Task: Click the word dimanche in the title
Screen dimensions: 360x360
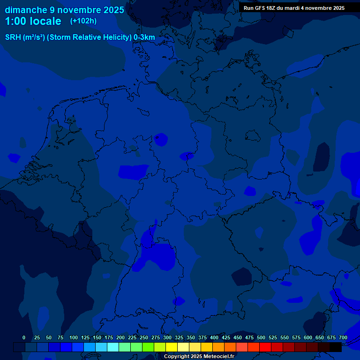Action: (x=26, y=10)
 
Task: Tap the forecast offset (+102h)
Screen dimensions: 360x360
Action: (x=83, y=21)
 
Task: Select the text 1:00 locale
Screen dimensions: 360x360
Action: (x=33, y=21)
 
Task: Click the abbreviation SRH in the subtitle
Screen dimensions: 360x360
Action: (x=13, y=37)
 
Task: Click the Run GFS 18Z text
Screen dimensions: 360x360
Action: (x=262, y=8)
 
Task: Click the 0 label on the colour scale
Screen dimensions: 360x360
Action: (x=24, y=337)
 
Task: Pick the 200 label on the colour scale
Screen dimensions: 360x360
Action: (x=120, y=337)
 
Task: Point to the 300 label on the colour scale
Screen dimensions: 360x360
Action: (x=167, y=337)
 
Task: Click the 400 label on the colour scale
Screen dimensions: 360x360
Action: (x=214, y=337)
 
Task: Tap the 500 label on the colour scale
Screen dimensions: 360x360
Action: (x=261, y=337)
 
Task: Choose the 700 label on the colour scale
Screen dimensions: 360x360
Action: (x=343, y=337)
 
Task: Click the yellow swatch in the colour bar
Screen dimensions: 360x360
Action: (x=172, y=347)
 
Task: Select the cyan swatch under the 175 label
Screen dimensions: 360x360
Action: (x=113, y=347)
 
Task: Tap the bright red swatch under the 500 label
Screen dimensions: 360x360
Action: (x=265, y=347)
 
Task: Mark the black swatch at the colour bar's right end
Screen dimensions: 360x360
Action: (x=336, y=347)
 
